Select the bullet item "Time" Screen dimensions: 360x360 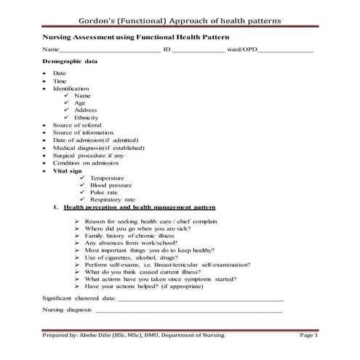point(60,81)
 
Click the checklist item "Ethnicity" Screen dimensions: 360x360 point(87,118)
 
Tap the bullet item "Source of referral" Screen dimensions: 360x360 point(80,125)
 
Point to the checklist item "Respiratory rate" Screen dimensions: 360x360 point(113,199)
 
